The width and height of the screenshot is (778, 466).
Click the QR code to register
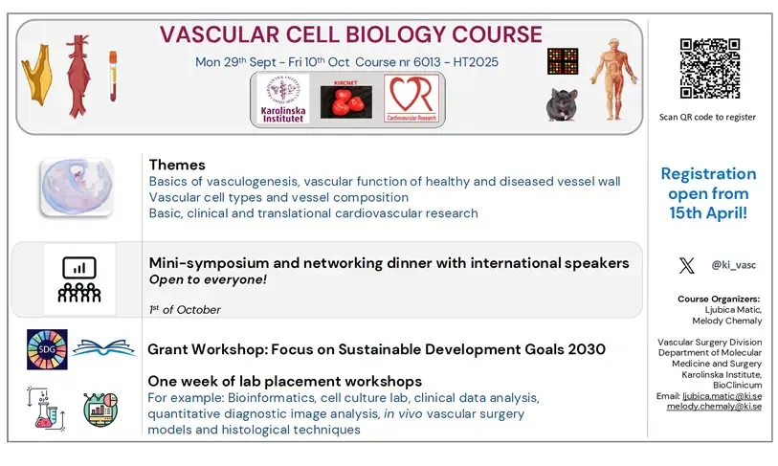[709, 69]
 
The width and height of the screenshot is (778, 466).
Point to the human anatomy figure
[612, 78]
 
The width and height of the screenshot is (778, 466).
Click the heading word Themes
[177, 165]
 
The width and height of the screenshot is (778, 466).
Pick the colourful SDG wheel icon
[47, 349]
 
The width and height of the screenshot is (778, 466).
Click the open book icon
[104, 348]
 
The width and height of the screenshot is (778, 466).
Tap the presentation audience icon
[79, 278]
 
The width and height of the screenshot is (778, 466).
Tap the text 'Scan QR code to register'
[708, 117]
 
